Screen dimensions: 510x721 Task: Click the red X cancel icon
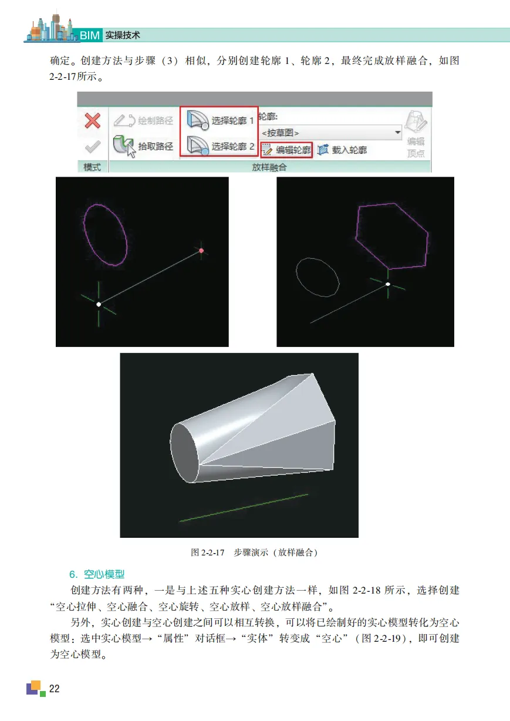pyautogui.click(x=92, y=121)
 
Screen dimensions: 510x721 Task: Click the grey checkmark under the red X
pyautogui.click(x=92, y=146)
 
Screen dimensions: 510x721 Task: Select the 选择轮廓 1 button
pyautogui.click(x=220, y=120)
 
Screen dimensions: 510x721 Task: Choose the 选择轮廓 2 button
pyautogui.click(x=220, y=146)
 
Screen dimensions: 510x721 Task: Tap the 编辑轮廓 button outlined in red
pyautogui.click(x=286, y=150)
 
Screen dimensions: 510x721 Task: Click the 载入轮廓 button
pyautogui.click(x=342, y=150)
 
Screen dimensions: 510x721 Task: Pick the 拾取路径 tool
pyautogui.click(x=143, y=146)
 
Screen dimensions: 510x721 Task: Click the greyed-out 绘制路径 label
pyautogui.click(x=156, y=121)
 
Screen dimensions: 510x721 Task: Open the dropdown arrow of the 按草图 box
pyautogui.click(x=398, y=132)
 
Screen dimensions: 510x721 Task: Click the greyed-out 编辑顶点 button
pyautogui.click(x=416, y=134)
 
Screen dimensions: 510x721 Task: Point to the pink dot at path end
pyautogui.click(x=201, y=251)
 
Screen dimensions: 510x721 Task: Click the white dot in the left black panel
pyautogui.click(x=99, y=304)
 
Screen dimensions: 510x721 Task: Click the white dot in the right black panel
pyautogui.click(x=388, y=284)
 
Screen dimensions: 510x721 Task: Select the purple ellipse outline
pyautogui.click(x=85, y=225)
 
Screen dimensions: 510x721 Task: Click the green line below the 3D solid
pyautogui.click(x=244, y=508)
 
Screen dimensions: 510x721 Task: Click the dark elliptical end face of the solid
pyautogui.click(x=184, y=453)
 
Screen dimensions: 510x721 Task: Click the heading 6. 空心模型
pyautogui.click(x=97, y=574)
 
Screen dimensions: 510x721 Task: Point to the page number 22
pyautogui.click(x=54, y=689)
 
